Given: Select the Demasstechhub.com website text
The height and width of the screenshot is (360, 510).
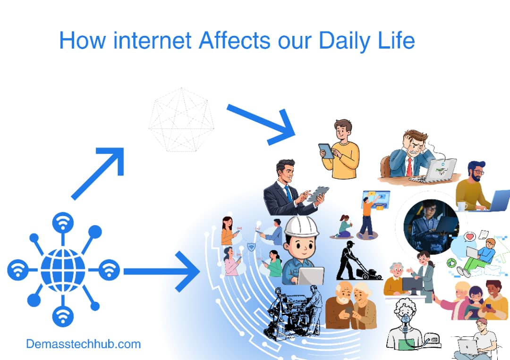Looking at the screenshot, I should [83, 344].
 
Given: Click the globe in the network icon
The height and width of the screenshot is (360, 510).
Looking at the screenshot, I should [63, 270].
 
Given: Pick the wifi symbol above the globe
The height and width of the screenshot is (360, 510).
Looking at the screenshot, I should [63, 221].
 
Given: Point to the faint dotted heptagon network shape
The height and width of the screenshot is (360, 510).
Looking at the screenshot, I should [181, 119].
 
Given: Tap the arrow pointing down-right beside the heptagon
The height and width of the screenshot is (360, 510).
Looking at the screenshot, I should [261, 123].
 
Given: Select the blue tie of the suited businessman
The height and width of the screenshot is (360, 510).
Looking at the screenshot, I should [288, 194].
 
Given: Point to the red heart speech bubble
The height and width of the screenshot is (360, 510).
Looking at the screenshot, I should [469, 236].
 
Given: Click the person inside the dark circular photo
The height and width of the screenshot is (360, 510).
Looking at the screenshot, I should [431, 222].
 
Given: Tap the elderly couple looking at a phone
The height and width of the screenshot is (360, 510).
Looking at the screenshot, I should [351, 305].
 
